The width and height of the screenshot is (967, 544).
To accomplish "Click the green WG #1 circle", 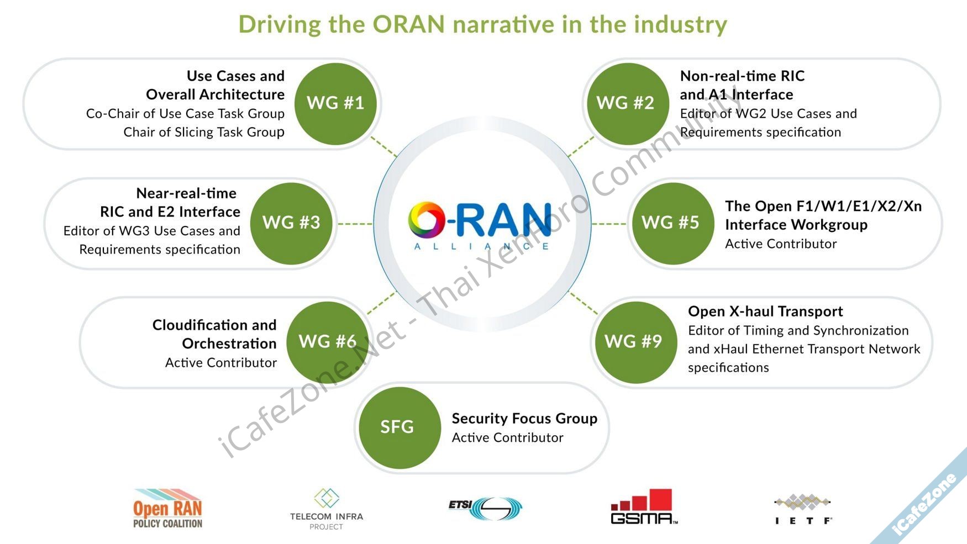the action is [x=335, y=103].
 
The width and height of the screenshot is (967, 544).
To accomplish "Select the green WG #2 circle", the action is [x=625, y=103].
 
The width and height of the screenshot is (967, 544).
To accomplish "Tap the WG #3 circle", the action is [x=291, y=223].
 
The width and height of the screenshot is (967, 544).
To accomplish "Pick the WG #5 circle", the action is [x=670, y=223].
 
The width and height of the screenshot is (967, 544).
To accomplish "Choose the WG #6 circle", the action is [x=328, y=342].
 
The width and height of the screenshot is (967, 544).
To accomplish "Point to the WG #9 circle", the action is [x=633, y=342].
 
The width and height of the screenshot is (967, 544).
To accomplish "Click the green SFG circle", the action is [x=397, y=427].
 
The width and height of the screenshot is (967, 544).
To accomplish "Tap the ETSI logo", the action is [x=485, y=508].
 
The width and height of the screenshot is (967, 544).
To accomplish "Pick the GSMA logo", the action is [x=644, y=506].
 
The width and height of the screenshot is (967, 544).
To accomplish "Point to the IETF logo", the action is [x=803, y=509].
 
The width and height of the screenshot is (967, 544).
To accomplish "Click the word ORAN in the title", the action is [x=408, y=24].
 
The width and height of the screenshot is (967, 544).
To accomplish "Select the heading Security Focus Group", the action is [x=524, y=419].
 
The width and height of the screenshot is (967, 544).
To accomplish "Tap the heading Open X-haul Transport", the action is [x=765, y=311].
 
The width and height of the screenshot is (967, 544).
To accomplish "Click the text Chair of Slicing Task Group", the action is [x=204, y=132].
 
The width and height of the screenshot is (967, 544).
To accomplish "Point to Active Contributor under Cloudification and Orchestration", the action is [x=221, y=362].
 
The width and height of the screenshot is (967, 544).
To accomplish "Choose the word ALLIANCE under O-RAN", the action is [x=481, y=246].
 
